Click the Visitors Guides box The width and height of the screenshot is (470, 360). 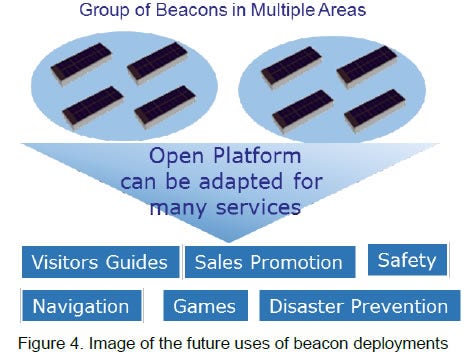[x=100, y=263]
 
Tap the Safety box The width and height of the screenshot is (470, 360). [x=406, y=261]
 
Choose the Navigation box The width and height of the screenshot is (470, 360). [x=81, y=306]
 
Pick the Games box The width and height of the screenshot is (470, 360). [x=203, y=306]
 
